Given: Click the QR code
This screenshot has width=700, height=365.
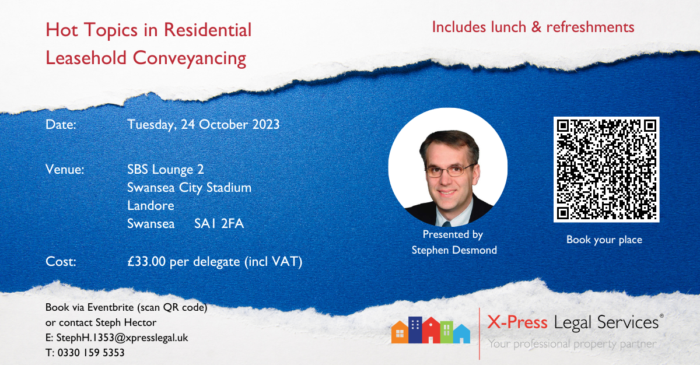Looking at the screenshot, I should [x=606, y=169].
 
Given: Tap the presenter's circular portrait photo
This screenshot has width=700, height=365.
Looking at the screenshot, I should [x=447, y=167].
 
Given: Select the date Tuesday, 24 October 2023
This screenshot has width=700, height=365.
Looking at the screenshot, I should [x=203, y=125].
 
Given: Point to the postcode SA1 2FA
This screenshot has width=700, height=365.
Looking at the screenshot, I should [x=219, y=223].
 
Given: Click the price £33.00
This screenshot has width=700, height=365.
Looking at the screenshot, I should [x=146, y=262].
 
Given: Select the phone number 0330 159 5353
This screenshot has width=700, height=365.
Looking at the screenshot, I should [x=90, y=353].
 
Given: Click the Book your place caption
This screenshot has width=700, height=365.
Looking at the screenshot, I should [x=604, y=240].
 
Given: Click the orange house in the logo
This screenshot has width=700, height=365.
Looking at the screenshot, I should [x=400, y=332].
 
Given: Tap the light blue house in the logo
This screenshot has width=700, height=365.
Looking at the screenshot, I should [x=461, y=334].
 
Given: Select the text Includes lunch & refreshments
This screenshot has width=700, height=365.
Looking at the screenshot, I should [x=533, y=27].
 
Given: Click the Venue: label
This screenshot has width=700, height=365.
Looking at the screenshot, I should [x=65, y=170].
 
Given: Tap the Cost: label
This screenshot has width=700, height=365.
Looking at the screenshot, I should [x=61, y=262].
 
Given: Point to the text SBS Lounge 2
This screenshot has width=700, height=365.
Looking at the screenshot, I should [x=165, y=170].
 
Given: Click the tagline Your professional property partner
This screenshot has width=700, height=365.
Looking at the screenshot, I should [x=571, y=344].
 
